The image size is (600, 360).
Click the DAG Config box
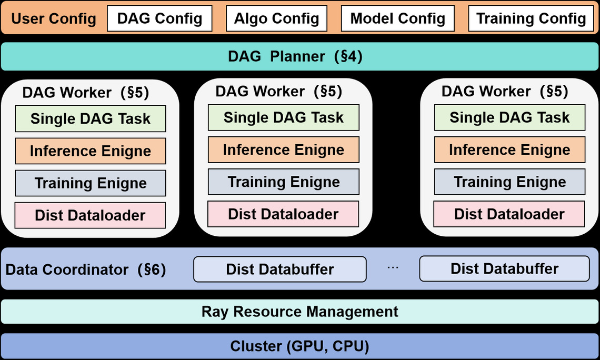(159, 18)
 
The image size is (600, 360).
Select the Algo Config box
(277, 18)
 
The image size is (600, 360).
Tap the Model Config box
(397, 18)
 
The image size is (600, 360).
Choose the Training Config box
(531, 18)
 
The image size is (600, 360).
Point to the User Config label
(54, 18)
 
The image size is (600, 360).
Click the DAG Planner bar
(300, 56)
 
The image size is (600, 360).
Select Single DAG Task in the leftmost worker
(91, 118)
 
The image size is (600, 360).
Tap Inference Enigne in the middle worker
(284, 149)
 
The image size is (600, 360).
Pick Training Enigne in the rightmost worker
(509, 182)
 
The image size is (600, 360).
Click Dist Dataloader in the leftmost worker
(91, 215)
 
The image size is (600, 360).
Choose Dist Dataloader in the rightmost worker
(509, 214)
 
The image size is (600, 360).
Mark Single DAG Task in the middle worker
(284, 117)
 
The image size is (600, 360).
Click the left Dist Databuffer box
(279, 269)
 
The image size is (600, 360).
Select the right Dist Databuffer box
(504, 268)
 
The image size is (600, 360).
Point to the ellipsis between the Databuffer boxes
(393, 268)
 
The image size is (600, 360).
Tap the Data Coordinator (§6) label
(86, 269)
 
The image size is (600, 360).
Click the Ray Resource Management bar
(300, 312)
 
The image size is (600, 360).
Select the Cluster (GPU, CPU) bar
(300, 346)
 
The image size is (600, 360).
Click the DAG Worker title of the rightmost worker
(505, 92)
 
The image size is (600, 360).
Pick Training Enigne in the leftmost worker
(91, 183)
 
